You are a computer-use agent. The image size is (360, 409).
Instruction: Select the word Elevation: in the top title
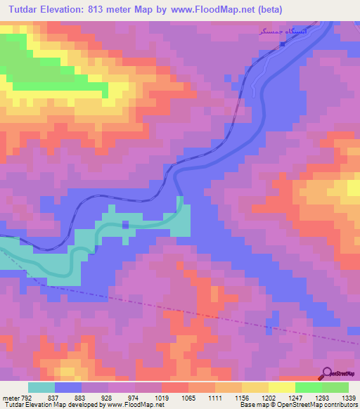(x=73, y=11)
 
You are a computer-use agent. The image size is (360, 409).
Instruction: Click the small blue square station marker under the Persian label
(x=283, y=44)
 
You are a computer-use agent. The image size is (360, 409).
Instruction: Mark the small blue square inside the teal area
(x=125, y=225)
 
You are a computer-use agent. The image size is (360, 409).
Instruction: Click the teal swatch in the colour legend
(x=41, y=387)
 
